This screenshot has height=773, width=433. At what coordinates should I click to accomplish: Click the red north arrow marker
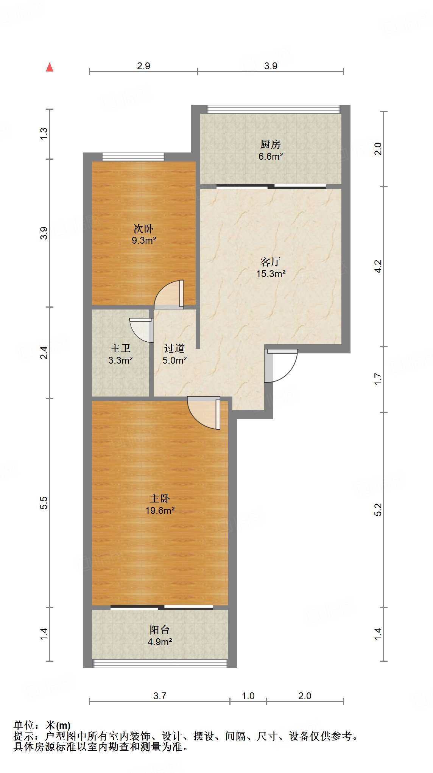pos(50,67)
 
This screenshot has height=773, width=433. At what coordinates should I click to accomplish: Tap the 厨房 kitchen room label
pos(271,144)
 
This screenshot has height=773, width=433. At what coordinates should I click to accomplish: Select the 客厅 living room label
pos(271,262)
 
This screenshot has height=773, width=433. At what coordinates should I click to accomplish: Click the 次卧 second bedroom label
pos(143,229)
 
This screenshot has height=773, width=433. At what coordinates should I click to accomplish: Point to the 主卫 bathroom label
pos(120,348)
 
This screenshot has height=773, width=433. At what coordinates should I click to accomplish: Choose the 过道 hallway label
pos(174,348)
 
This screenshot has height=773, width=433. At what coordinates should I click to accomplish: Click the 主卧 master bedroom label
pos(160,498)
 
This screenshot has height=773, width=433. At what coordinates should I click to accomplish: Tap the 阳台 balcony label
pos(160,630)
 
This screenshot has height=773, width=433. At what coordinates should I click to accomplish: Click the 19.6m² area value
pos(160,511)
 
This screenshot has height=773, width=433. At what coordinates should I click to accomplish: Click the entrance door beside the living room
pos(281,365)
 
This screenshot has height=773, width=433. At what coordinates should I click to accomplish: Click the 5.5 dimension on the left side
pos(44,503)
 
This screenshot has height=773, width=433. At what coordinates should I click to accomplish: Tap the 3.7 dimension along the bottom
pos(160,696)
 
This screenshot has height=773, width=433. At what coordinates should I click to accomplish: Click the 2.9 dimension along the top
pos(143,66)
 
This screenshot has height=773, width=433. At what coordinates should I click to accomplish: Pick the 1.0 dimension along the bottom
pos(248,696)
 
